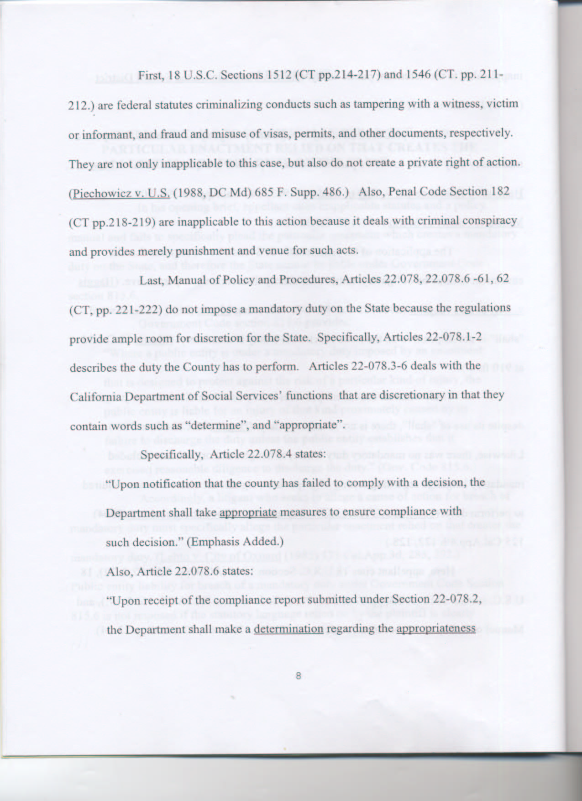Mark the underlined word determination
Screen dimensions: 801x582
click(288, 629)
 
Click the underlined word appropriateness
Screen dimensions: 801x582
click(436, 629)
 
